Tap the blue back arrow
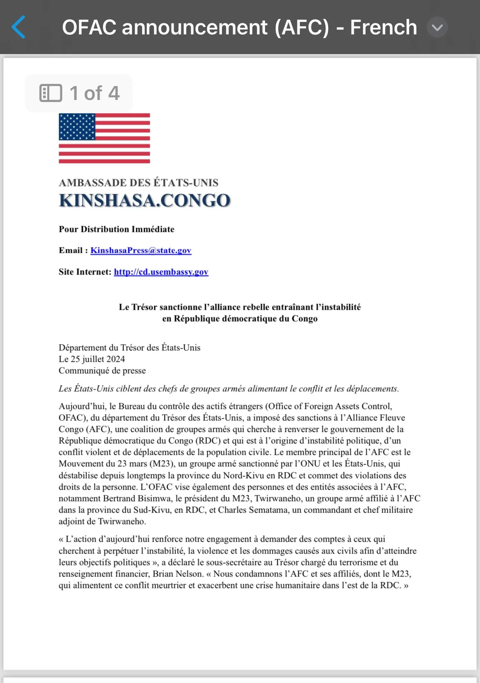(x=19, y=27)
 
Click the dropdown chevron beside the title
(x=437, y=27)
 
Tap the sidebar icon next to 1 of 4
(x=50, y=93)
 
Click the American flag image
(x=104, y=138)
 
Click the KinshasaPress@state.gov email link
(x=141, y=250)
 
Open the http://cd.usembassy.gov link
(x=161, y=272)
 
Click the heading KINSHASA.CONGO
(x=144, y=200)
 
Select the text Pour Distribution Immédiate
(x=117, y=229)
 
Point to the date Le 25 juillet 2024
(x=92, y=359)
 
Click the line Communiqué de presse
(x=102, y=370)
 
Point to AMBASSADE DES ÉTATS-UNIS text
(x=138, y=182)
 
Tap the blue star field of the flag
(x=77, y=127)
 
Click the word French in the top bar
(x=383, y=27)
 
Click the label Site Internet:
(x=85, y=272)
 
